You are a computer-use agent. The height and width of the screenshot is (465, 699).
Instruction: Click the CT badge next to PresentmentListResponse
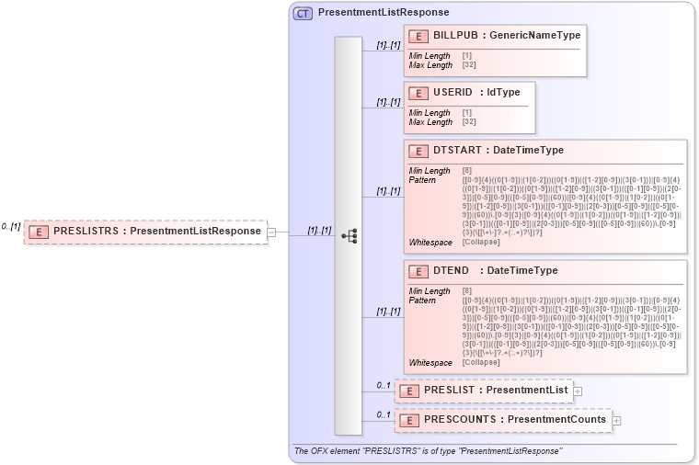[303, 13]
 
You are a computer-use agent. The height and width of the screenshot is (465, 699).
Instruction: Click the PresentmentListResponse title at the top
[383, 13]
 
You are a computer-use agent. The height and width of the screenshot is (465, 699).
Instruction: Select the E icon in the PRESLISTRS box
[40, 232]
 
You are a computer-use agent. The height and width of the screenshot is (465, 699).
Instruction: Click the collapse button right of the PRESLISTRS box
[271, 232]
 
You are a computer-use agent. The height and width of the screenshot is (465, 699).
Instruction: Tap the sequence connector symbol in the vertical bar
[349, 236]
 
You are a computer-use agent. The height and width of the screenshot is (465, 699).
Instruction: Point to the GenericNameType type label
[534, 35]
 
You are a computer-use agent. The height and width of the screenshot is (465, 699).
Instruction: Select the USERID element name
[452, 92]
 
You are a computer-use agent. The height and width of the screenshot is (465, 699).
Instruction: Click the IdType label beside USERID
[503, 92]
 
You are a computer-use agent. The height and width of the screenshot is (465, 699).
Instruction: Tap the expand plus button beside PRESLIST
[578, 391]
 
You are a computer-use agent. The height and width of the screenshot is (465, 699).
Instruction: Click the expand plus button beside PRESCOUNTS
[616, 421]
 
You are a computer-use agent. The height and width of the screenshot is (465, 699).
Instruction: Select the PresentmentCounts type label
[557, 420]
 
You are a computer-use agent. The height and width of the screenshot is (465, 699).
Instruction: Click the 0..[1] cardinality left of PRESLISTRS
[10, 226]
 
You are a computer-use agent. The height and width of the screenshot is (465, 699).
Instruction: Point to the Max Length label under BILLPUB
[430, 65]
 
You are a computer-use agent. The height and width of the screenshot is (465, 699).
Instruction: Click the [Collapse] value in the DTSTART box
[482, 242]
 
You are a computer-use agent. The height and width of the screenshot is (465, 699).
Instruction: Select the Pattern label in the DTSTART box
[423, 180]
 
